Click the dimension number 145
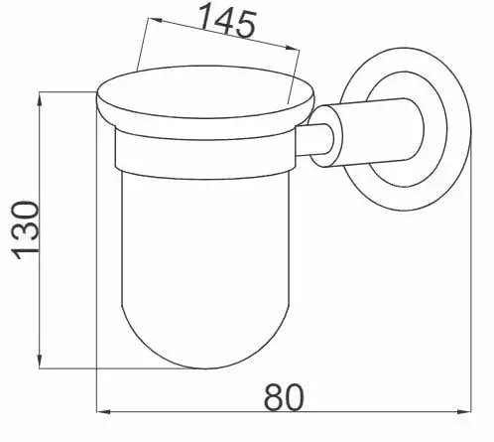227,21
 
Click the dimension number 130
25,230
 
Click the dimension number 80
284,397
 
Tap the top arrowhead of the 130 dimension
40,99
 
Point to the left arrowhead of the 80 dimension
103,412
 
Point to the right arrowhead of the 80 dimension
464,412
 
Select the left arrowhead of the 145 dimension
156,20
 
